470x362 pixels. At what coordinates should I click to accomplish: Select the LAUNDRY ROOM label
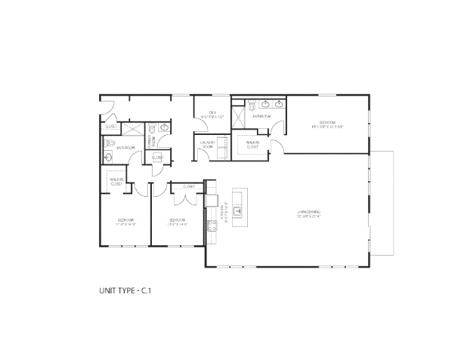209,144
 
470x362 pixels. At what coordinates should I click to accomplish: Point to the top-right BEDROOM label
326,124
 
